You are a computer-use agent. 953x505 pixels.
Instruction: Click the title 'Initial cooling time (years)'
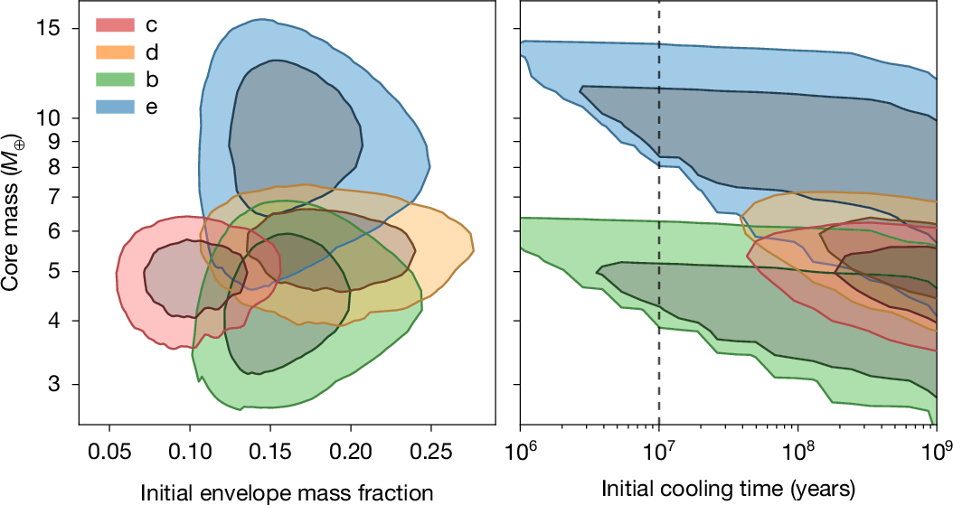pos(727,490)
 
